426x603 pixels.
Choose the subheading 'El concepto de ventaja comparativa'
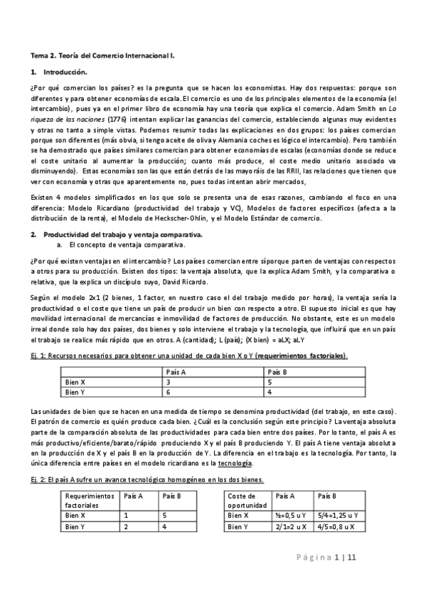click(123, 245)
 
